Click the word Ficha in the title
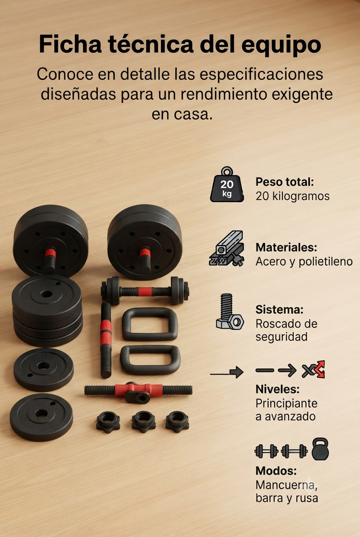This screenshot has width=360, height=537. (70, 44)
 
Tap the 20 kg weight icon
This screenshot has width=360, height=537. (227, 184)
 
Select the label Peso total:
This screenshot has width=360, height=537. (284, 182)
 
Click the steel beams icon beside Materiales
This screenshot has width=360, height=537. (227, 249)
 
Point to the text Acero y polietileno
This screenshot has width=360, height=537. (304, 262)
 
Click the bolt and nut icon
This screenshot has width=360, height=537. (230, 312)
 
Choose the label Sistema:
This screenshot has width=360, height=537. (279, 309)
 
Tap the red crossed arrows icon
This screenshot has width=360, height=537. (314, 370)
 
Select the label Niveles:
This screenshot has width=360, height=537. (277, 389)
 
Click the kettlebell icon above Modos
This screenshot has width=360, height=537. (320, 449)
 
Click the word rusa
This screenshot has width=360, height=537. (307, 498)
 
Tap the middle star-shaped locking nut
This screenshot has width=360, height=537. (143, 422)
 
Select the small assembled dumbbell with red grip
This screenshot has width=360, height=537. (145, 291)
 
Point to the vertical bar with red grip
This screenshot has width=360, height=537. (106, 340)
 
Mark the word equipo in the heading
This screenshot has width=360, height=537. (281, 45)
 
